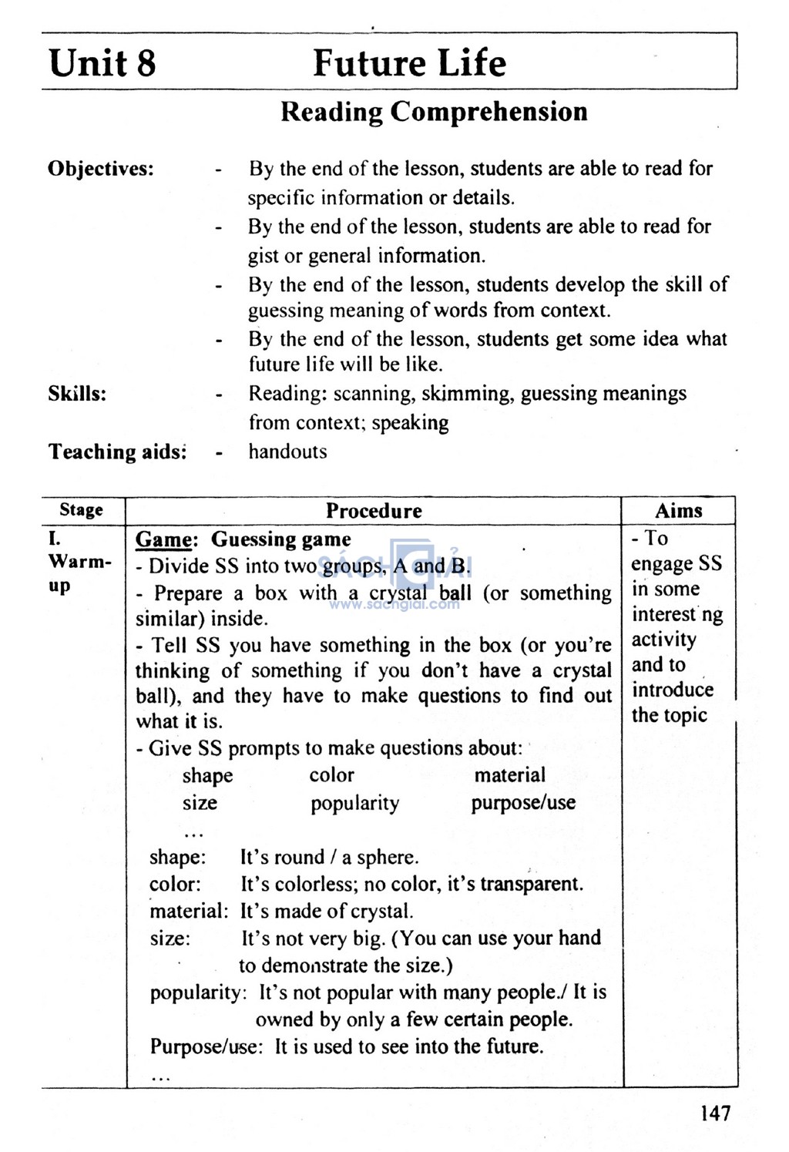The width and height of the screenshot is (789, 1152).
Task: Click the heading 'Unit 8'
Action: tap(102, 63)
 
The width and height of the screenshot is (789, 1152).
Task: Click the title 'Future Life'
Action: tap(409, 63)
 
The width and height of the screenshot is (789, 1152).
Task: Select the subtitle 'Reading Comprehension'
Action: tap(433, 112)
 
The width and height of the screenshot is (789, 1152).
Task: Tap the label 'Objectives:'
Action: tap(101, 169)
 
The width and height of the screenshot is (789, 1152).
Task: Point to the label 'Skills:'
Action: tap(77, 394)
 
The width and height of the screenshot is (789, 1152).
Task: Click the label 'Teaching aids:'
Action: tap(118, 452)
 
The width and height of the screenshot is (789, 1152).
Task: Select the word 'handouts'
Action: tap(287, 452)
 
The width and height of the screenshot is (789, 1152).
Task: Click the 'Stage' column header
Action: tap(81, 510)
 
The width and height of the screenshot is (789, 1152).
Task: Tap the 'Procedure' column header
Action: tap(374, 511)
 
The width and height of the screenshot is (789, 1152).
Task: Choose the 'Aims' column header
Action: tap(678, 511)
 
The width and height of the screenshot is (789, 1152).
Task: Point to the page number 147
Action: tap(715, 1113)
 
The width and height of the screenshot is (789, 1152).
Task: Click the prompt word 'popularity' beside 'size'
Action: tap(354, 803)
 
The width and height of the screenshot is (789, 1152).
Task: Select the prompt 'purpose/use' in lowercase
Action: tap(523, 803)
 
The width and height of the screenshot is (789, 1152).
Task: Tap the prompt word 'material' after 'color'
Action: tap(509, 775)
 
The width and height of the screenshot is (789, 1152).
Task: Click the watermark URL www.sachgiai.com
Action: tap(394, 605)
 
